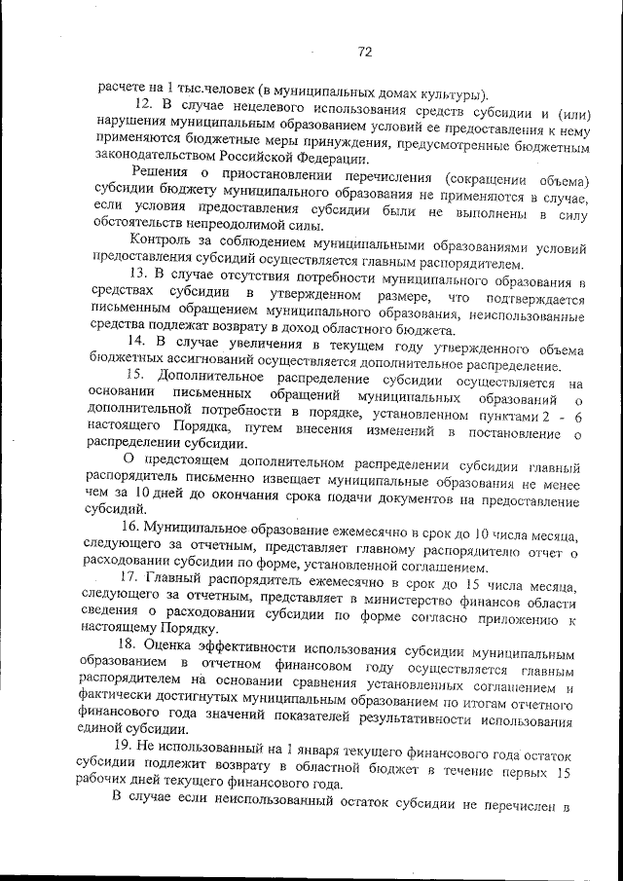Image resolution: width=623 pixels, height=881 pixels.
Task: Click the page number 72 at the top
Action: [365, 51]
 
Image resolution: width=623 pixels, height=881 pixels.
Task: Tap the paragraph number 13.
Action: [139, 278]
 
